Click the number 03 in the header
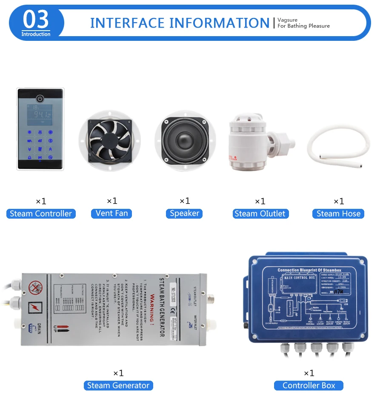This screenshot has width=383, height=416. [36, 20]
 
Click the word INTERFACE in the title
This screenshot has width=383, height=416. [127, 23]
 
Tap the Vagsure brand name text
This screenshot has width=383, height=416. [287, 20]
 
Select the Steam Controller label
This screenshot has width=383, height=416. [41, 214]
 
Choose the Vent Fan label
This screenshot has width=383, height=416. [111, 213]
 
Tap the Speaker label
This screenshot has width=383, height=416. [184, 213]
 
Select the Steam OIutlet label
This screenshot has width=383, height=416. [260, 214]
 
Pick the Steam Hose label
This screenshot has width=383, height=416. [338, 214]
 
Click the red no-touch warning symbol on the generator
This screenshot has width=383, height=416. [35, 288]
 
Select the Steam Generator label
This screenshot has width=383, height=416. [118, 385]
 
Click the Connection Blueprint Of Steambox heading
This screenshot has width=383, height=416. [309, 270]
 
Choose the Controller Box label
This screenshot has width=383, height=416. [309, 385]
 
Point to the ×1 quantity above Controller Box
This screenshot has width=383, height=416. [309, 373]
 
